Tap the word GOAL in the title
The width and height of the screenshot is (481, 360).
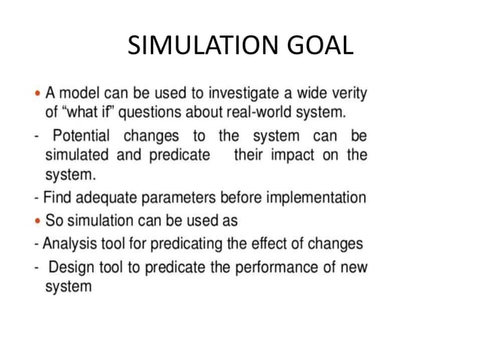pyautogui.click(x=321, y=46)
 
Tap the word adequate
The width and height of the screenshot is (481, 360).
pyautogui.click(x=101, y=198)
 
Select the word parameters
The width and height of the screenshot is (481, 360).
pyautogui.click(x=179, y=198)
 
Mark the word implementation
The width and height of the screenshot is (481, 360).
pyautogui.click(x=316, y=198)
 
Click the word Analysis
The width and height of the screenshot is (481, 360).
pyautogui.click(x=70, y=244)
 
